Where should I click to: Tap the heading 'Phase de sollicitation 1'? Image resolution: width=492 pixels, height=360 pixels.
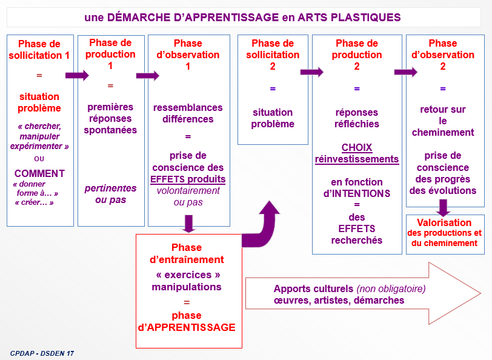pos(39,49)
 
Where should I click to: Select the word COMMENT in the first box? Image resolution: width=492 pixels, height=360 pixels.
pos(39,173)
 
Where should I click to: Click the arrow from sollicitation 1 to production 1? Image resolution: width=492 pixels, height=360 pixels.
pos(77,76)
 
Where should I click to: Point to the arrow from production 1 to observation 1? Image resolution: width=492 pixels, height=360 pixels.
pos(147,76)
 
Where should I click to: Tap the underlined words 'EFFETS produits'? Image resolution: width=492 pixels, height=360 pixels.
pos(188,179)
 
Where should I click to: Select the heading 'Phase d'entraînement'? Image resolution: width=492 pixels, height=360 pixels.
pos(187,253)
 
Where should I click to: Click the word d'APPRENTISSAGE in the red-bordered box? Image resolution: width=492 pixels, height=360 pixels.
pos(187,327)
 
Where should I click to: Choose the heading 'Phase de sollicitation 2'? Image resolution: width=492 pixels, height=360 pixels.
pos(273,55)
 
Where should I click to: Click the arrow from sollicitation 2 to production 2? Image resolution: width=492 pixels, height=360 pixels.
pos(311,72)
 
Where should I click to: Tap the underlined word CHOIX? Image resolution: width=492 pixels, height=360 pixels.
pos(357,148)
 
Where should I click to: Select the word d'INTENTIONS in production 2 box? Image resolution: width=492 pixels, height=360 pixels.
pos(357,193)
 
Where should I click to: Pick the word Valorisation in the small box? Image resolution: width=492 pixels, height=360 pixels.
pos(445,222)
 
